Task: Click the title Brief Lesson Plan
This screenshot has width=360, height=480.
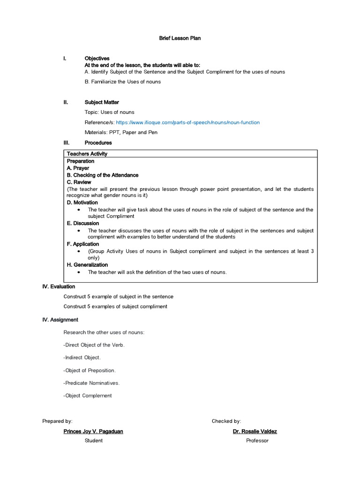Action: [x=180, y=38]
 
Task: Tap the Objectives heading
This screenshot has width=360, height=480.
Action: [x=97, y=59]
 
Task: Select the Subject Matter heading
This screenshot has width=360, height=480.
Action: [x=102, y=102]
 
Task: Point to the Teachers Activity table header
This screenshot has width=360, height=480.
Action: [x=87, y=154]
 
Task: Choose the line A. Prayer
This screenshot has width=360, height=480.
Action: [x=78, y=168]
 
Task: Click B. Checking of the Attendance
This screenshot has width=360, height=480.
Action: [x=103, y=175]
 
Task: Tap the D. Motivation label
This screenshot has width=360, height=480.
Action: [x=82, y=202]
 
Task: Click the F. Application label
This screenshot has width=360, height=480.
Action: [x=83, y=244]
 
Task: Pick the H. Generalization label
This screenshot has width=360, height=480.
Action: [x=87, y=265]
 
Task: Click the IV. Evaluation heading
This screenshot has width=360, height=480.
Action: [x=59, y=286]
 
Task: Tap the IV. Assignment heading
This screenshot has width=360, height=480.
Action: [x=60, y=320]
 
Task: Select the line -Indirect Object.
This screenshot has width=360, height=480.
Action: [x=82, y=357]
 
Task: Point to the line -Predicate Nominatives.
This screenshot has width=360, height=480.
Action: [x=91, y=382]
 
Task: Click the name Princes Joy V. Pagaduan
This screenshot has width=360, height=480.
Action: [x=93, y=431]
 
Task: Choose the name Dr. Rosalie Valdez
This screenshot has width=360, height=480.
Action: [x=255, y=431]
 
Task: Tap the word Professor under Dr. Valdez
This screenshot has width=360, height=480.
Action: [x=257, y=441]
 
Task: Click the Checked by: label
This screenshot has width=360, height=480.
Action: [x=226, y=421]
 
